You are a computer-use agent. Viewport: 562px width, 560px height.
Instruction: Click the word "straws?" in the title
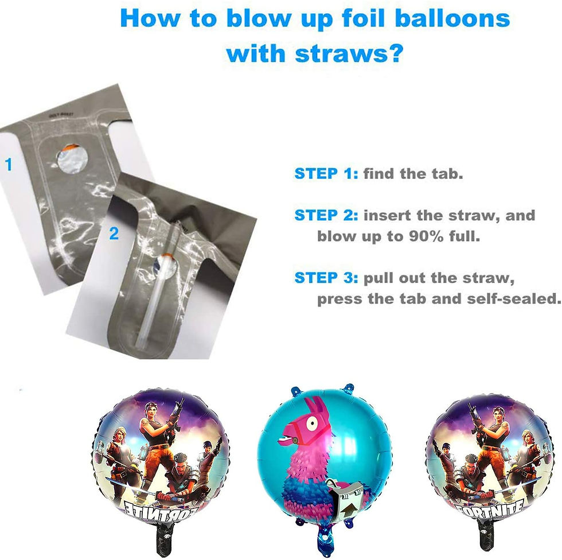tap(350, 54)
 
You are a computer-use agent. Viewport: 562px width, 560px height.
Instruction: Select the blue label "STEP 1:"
tap(326, 173)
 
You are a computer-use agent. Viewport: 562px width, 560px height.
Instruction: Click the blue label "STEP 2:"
tap(326, 216)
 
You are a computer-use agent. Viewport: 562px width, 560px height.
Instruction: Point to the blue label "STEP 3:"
tap(326, 278)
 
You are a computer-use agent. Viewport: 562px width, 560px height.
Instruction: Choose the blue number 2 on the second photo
tap(114, 234)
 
